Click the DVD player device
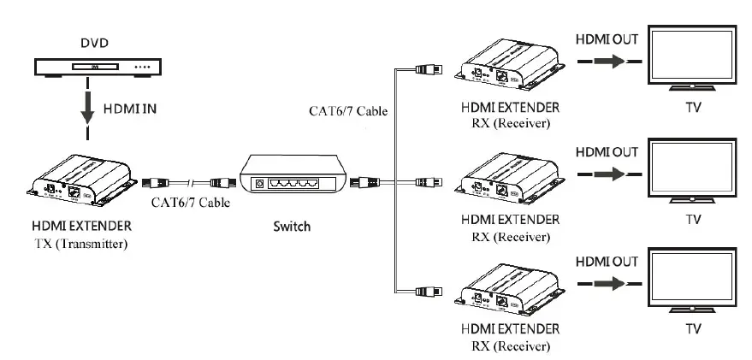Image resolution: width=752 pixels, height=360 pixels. click(x=92, y=67)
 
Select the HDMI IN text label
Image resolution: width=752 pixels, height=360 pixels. click(x=129, y=109)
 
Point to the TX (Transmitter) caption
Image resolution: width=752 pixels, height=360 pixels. click(x=81, y=243)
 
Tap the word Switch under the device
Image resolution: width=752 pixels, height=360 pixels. click(x=291, y=227)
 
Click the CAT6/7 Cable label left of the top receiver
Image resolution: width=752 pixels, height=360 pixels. click(x=347, y=110)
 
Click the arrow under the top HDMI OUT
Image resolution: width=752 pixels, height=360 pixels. click(x=605, y=62)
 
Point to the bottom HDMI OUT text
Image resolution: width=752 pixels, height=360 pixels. click(x=606, y=259)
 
